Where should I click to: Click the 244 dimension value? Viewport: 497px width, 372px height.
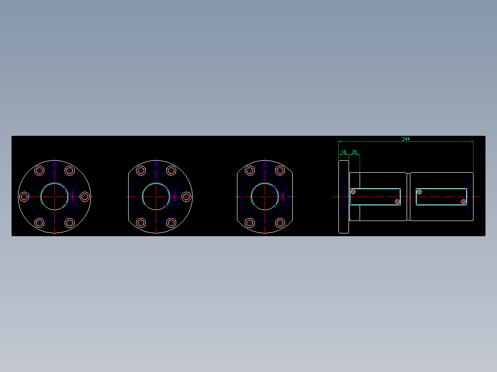pyautogui.click(x=406, y=139)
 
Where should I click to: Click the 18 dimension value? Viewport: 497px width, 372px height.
pyautogui.click(x=343, y=152)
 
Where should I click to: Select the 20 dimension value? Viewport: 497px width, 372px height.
pyautogui.click(x=355, y=152)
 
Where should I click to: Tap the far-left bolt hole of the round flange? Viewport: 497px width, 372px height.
pyautogui.click(x=24, y=197)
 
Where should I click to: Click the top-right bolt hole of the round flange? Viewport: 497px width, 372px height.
pyautogui.click(x=70, y=171)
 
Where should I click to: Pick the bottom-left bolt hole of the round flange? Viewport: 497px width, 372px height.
pyautogui.click(x=39, y=223)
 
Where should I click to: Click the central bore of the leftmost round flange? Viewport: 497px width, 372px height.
pyautogui.click(x=54, y=197)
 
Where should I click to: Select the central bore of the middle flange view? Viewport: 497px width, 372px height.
pyautogui.click(x=156, y=197)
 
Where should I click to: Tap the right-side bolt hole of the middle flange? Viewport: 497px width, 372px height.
pyautogui.click(x=186, y=197)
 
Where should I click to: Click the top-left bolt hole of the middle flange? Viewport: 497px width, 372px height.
pyautogui.click(x=141, y=171)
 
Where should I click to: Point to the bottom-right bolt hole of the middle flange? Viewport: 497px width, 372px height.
pyautogui.click(x=171, y=223)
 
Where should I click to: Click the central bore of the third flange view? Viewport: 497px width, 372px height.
pyautogui.click(x=265, y=197)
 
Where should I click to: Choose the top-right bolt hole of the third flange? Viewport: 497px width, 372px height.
pyautogui.click(x=280, y=171)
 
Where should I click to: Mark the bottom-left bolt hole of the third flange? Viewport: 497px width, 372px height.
pyautogui.click(x=250, y=223)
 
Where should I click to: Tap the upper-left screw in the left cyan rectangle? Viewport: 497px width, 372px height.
pyautogui.click(x=354, y=192)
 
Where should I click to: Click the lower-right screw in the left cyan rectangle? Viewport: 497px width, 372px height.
pyautogui.click(x=397, y=202)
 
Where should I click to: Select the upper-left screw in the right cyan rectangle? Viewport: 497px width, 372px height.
pyautogui.click(x=419, y=192)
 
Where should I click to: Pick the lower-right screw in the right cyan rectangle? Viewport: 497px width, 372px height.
pyautogui.click(x=463, y=202)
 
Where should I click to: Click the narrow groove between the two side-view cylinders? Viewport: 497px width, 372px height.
pyautogui.click(x=408, y=197)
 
